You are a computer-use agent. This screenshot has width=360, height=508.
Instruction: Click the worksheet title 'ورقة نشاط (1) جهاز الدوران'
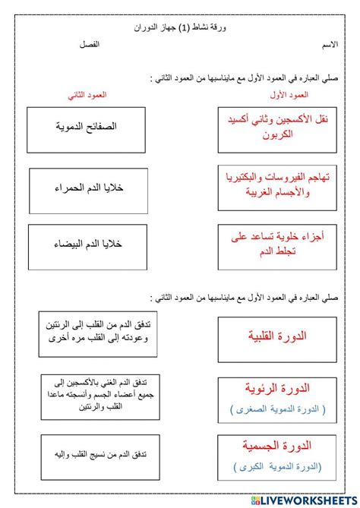[179, 27]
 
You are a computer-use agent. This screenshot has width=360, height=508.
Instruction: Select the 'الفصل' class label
[90, 46]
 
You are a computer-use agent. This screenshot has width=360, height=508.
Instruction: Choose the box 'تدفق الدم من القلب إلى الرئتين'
[90, 335]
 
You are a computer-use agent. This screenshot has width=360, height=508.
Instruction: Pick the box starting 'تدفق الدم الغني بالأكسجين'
[90, 395]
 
